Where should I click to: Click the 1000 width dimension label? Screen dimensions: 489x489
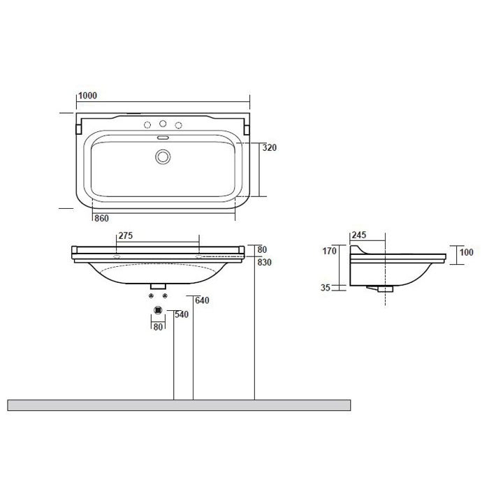pos(87,96)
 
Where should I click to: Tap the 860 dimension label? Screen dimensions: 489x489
pos(102,218)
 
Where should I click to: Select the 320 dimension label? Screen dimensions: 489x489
pos(270,147)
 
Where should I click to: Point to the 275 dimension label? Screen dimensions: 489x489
pos(126,235)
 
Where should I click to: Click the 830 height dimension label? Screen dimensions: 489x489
pos(265,262)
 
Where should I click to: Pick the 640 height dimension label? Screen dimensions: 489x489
pos(202,300)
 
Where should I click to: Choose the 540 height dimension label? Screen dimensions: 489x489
pos(182,314)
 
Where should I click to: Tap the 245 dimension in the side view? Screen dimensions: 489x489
pos(359,235)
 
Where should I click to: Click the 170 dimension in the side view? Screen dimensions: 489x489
pos(329,251)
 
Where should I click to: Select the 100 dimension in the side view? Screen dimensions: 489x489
pos(467,252)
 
